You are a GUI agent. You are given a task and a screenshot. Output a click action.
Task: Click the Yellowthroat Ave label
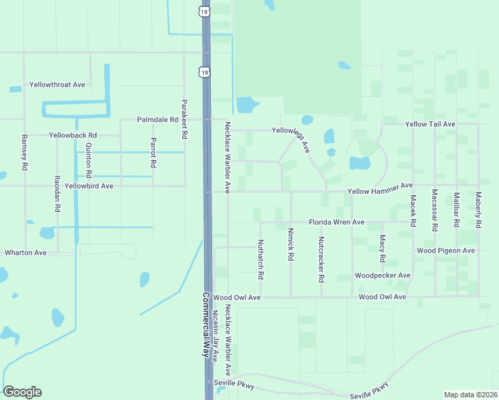click(57, 85)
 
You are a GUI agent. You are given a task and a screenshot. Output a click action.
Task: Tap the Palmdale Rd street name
click(157, 119)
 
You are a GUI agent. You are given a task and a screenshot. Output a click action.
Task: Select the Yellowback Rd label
click(73, 135)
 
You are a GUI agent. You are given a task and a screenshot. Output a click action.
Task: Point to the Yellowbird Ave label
click(89, 186)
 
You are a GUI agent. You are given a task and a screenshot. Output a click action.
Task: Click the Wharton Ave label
click(25, 253)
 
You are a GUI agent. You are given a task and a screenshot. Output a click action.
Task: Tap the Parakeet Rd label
click(184, 119)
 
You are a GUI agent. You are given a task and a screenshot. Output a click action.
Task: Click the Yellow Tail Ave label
click(430, 124)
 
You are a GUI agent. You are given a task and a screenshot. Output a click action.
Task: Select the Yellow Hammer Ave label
click(380, 192)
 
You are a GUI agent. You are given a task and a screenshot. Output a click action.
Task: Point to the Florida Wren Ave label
click(336, 222)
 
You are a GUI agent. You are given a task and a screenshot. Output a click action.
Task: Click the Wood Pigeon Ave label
click(446, 251)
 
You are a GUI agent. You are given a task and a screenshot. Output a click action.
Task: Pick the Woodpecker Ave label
click(382, 275)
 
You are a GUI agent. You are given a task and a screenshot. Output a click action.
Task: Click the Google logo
click(22, 392)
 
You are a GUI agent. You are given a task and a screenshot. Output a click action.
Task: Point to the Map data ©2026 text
click(470, 395)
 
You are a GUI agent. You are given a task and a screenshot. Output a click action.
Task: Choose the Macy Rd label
click(382, 249)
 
